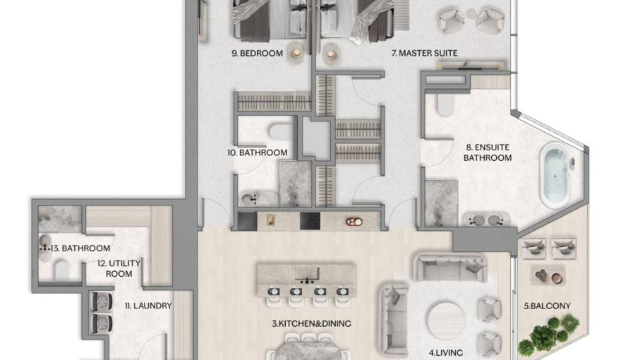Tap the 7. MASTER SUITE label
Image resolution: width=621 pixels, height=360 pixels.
425,53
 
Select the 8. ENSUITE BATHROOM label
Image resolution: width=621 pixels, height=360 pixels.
487,152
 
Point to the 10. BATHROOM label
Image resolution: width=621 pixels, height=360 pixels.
263,152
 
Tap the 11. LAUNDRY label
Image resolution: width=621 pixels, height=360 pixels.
148,306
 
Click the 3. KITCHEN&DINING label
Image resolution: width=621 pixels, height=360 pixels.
312,323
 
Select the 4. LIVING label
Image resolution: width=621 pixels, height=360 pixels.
446,351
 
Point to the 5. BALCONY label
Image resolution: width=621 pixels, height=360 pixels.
547,306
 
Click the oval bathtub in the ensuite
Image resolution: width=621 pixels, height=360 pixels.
555,176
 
